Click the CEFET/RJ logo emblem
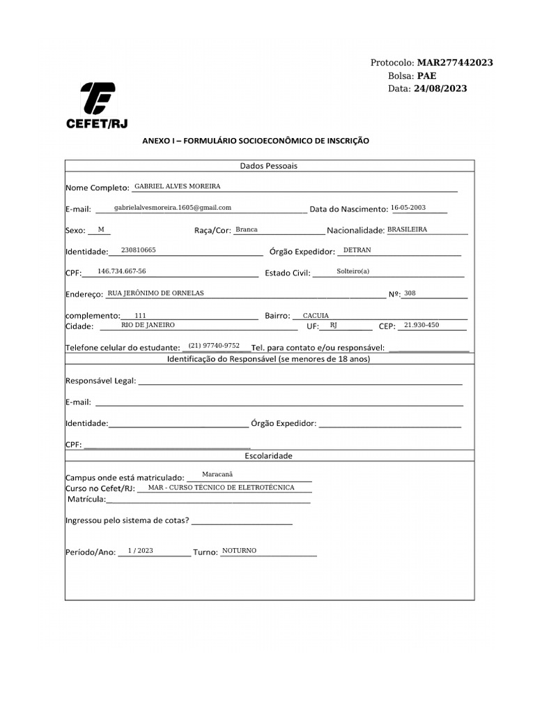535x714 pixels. pos(98,98)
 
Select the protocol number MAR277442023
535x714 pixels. pos(455,63)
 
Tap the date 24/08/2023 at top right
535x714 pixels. pos(440,89)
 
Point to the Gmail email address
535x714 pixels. pos(173,208)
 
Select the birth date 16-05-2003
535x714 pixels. pos(408,208)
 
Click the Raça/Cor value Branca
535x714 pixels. pos(247,229)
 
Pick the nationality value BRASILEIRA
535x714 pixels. pos(407,229)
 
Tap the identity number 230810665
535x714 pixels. pos(138,250)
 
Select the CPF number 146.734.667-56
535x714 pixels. pos(122,271)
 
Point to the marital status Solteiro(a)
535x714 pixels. pos(353,271)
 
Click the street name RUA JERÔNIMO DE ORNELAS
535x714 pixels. pos(156,293)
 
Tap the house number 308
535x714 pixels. pos(410,293)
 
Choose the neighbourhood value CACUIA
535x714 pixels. pos(316,316)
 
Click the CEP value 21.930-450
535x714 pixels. pos(421,325)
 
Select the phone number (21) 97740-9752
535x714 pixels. pos(214,346)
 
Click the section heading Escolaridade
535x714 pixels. pos(269,455)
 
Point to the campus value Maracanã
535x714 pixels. pos(217,474)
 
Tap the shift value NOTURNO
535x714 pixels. pos(239,551)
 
